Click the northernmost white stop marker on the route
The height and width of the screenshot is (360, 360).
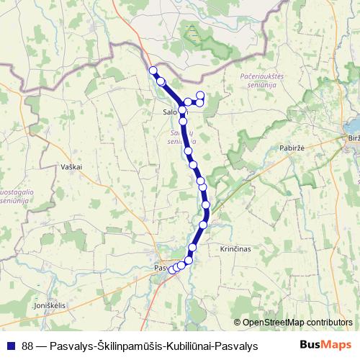click(152, 70)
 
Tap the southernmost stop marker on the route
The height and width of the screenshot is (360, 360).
click(172, 270)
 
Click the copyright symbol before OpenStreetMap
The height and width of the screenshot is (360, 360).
click(238, 323)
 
